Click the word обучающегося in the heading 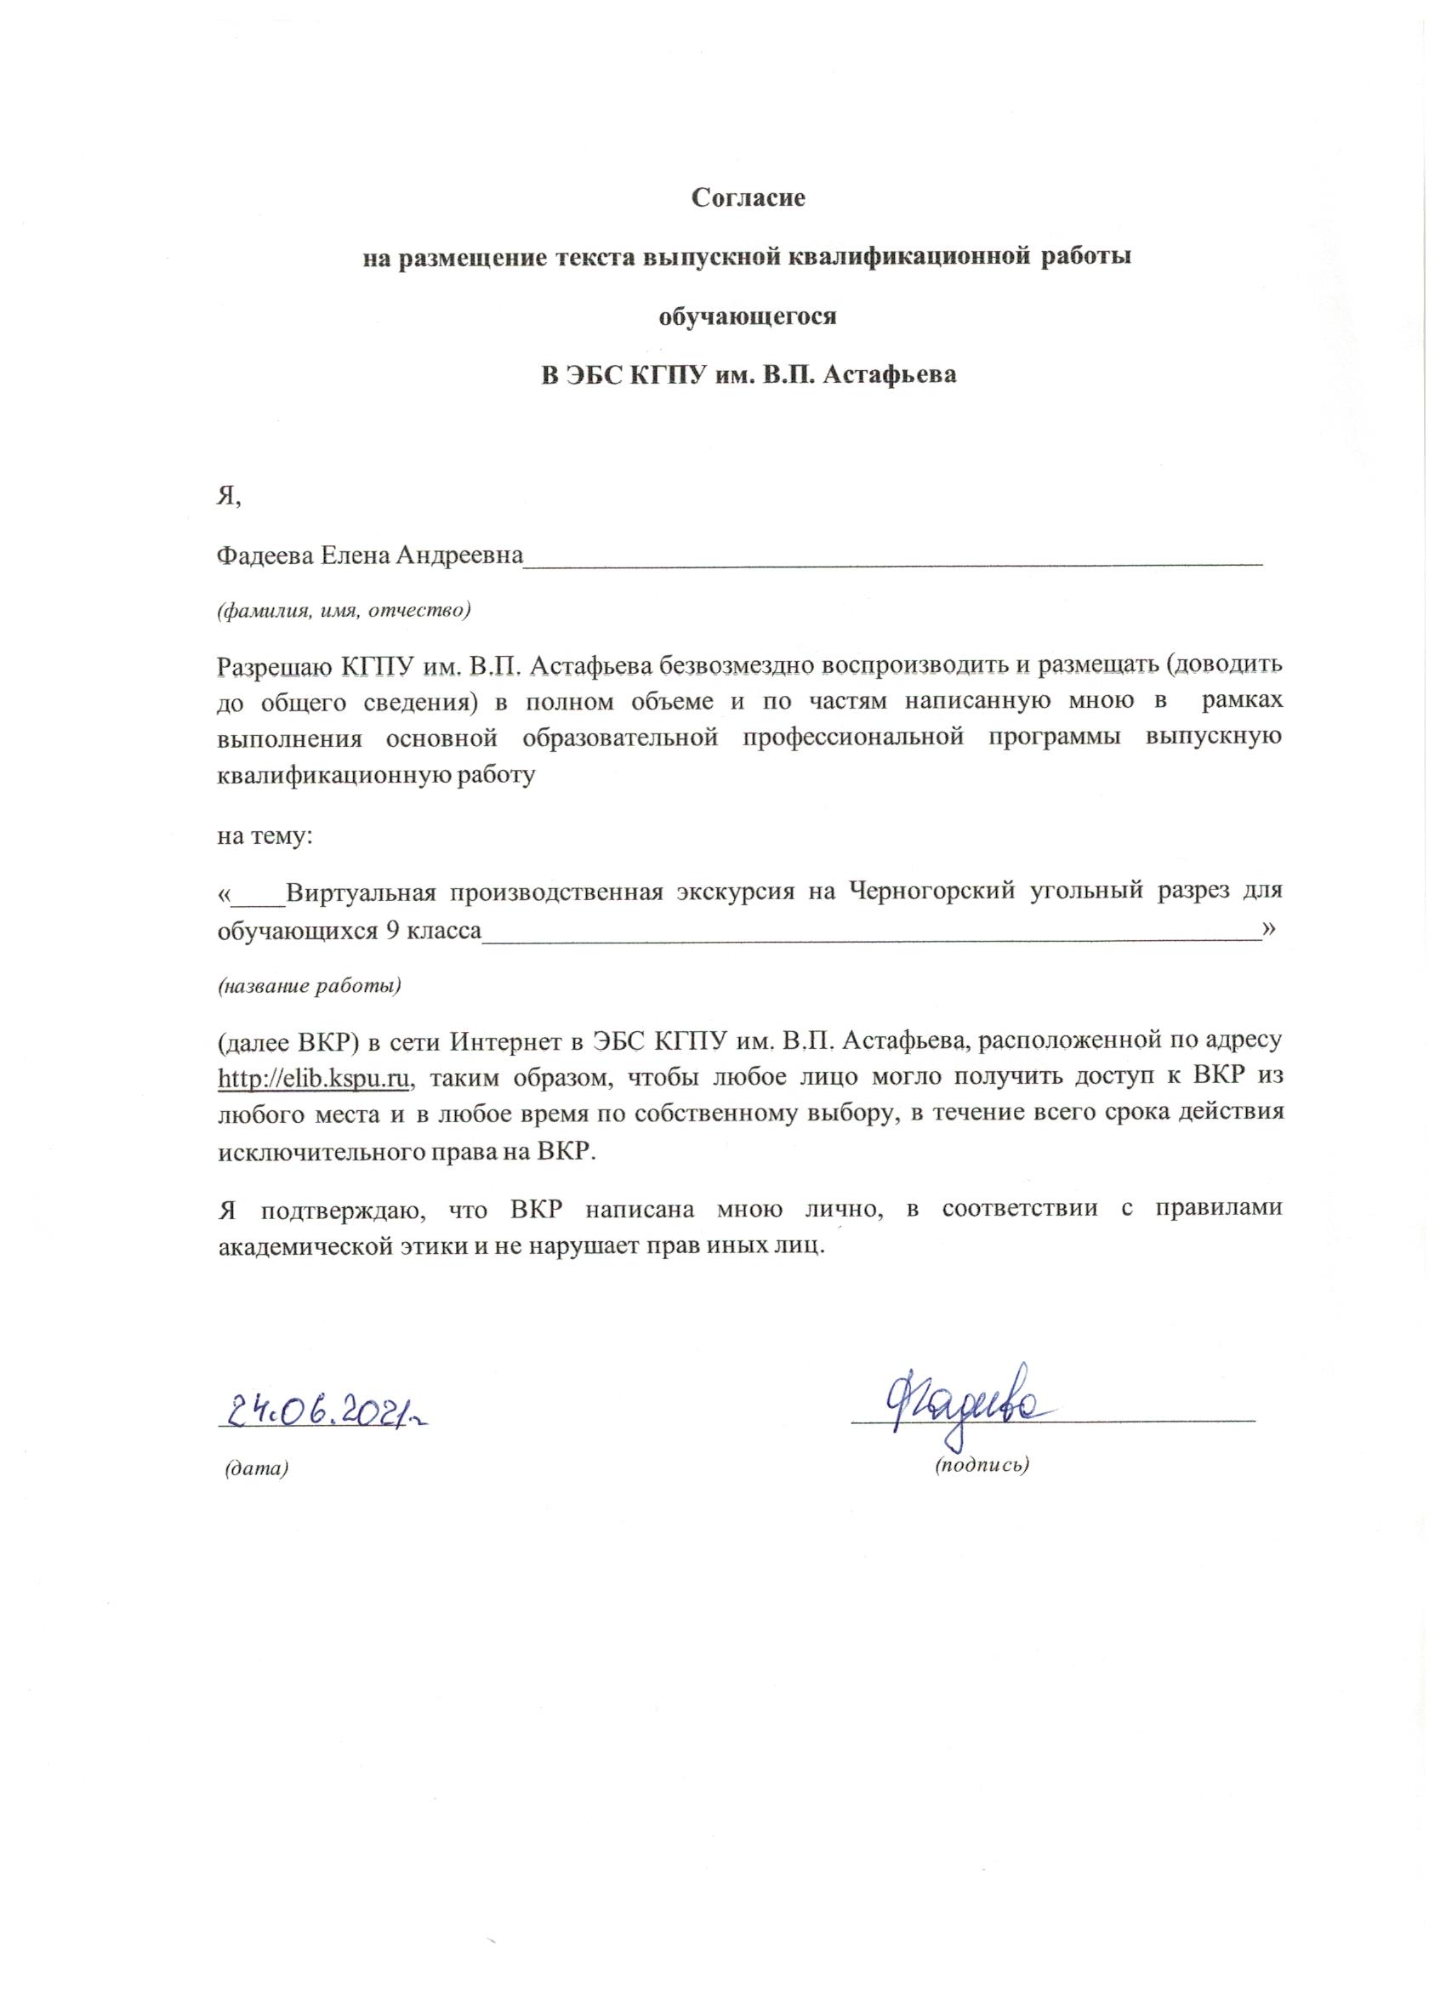pos(748,316)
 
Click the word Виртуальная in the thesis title pos(361,892)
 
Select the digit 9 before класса pos(393,931)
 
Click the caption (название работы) pos(309,985)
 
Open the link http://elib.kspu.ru pos(314,1078)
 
